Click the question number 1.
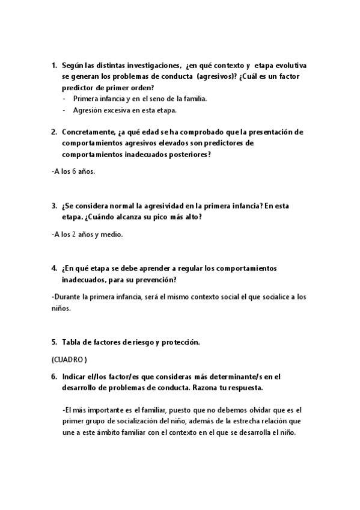pos(53,65)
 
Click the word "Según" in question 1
pos(72,65)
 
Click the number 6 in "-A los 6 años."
pos(74,171)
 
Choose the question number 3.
pos(53,206)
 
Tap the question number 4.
pos(53,268)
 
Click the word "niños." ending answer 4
pos(62,309)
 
